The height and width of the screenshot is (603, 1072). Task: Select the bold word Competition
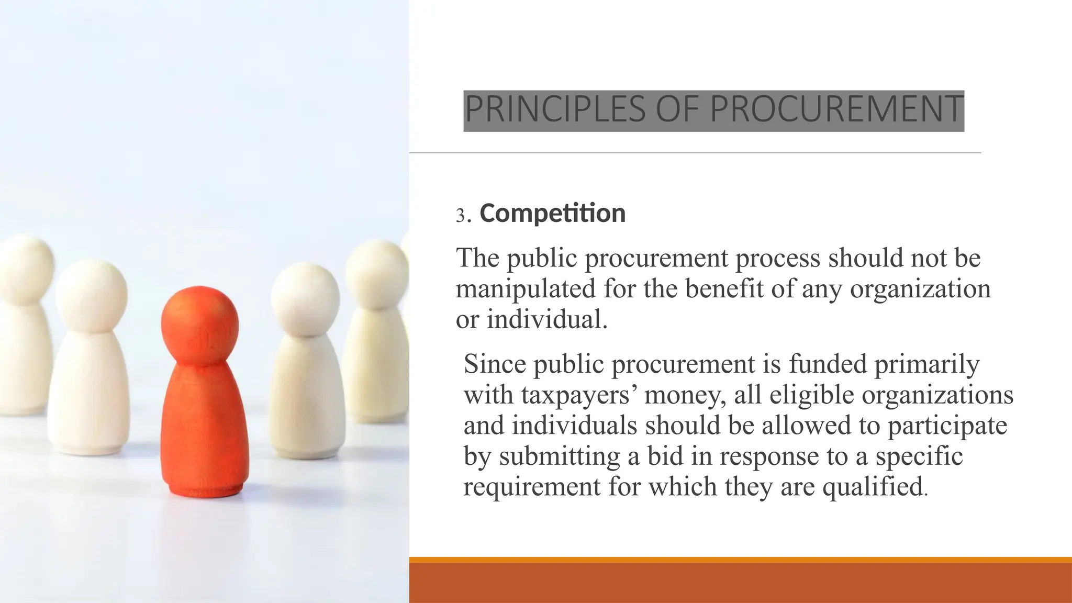tap(552, 214)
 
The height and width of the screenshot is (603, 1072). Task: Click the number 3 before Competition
tap(460, 215)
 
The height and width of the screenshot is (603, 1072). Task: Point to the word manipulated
tap(526, 289)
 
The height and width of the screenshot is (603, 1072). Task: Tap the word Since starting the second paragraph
tap(494, 364)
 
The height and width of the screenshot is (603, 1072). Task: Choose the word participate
tap(947, 425)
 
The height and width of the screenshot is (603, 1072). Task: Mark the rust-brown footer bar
tap(740, 584)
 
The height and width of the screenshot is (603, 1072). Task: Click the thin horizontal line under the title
tap(695, 153)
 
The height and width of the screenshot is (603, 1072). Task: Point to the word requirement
tap(532, 487)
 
